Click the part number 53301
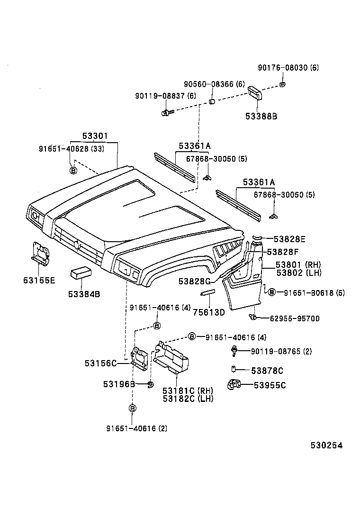[95, 136]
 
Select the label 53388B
[261, 115]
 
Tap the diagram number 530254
[326, 445]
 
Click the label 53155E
[39, 280]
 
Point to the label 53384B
[84, 294]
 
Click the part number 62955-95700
[294, 318]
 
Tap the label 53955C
[268, 385]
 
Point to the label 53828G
[194, 282]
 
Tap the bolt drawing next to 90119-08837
[167, 112]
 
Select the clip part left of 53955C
[234, 385]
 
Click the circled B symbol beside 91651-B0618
[271, 292]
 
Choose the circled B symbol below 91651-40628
[73, 170]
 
